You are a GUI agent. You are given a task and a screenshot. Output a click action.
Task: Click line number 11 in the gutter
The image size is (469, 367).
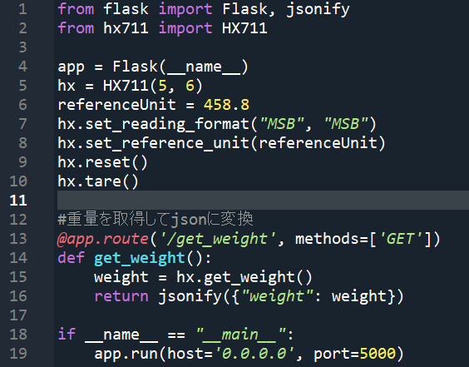click(18, 201)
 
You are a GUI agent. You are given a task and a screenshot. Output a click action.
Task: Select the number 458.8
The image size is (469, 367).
click(226, 105)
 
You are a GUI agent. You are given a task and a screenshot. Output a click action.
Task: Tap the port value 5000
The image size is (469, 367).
click(378, 354)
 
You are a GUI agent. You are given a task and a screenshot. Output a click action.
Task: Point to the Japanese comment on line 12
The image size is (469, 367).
click(156, 219)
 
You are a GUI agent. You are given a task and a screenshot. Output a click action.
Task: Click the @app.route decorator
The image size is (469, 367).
click(103, 239)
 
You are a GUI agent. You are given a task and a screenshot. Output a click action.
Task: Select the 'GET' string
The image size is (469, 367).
click(401, 239)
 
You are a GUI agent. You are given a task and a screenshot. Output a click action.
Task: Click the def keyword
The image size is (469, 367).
click(71, 258)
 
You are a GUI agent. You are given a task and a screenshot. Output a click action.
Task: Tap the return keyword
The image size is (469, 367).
click(121, 296)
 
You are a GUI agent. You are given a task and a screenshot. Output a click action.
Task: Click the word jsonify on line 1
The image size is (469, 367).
click(318, 10)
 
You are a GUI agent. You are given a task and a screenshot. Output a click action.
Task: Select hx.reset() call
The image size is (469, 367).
click(102, 162)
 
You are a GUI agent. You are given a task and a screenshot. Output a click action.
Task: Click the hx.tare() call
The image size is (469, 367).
click(98, 181)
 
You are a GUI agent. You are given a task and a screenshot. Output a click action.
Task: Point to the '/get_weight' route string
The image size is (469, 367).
click(218, 239)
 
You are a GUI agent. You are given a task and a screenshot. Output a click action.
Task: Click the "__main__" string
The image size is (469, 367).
click(241, 335)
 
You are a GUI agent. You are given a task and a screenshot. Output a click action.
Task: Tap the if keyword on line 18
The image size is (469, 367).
click(67, 334)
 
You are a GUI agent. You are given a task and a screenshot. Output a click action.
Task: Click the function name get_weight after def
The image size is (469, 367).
click(140, 258)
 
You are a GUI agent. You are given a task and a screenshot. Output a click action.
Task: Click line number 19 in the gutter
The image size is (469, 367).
click(18, 354)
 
